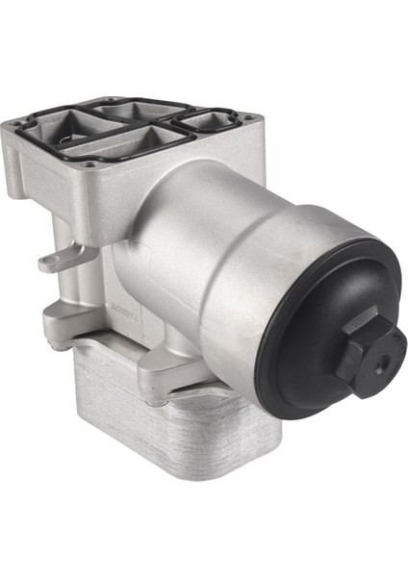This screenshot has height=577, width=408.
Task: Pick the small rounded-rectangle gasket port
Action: pyautogui.click(x=215, y=121)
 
